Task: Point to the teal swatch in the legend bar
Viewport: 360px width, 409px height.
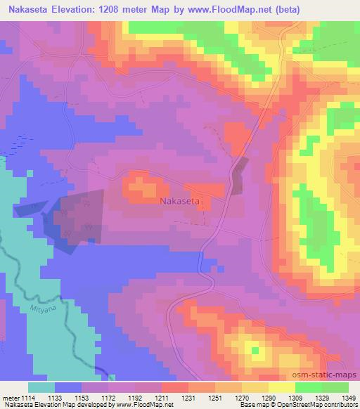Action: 41,387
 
